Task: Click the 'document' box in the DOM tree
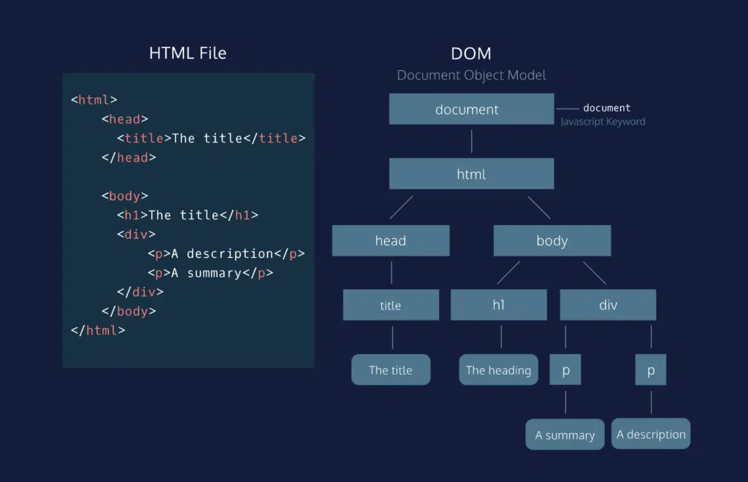[471, 109]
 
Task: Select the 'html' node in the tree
[471, 174]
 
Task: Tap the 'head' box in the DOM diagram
[391, 240]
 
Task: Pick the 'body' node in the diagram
[552, 240]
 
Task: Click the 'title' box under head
[391, 305]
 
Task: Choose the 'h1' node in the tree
[498, 305]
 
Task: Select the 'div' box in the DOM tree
[608, 305]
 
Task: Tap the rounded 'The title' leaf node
[391, 370]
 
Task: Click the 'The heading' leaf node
[498, 370]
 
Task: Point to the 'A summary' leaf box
[565, 435]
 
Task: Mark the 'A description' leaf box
[651, 434]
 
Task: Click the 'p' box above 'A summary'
[565, 370]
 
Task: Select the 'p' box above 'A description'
[651, 370]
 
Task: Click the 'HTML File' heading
[188, 53]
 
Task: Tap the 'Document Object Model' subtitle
[471, 75]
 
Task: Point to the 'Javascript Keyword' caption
[603, 121]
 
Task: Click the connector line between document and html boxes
[471, 141]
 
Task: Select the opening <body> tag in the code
[125, 196]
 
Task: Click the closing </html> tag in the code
[98, 330]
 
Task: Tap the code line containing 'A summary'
[210, 272]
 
